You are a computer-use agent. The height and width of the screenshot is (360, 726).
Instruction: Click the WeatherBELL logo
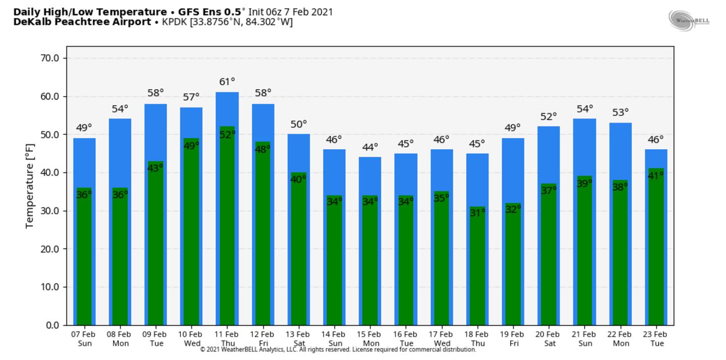tap(689, 21)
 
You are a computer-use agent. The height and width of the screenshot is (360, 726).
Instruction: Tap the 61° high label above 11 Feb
tap(227, 82)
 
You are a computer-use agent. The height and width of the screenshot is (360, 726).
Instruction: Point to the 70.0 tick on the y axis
tap(49, 58)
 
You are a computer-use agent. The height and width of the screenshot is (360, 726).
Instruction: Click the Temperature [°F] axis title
tap(30, 192)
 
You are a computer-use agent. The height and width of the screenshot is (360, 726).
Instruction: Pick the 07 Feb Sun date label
tap(84, 339)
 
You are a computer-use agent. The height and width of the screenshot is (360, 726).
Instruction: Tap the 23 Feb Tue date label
tap(656, 339)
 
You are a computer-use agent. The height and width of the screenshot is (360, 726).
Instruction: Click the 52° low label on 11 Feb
tap(227, 134)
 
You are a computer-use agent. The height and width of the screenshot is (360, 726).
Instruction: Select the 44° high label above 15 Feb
tap(370, 147)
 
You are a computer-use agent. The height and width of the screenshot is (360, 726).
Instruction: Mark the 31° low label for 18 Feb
tap(477, 213)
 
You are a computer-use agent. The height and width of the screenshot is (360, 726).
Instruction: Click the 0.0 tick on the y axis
tap(52, 325)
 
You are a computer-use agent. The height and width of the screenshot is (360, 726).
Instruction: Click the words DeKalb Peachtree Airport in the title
tap(82, 22)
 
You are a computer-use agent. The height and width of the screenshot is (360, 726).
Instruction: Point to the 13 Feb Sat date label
tap(298, 339)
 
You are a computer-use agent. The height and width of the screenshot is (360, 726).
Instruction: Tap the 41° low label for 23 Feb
tap(656, 175)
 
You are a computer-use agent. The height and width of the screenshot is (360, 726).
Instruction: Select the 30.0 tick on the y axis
tap(49, 211)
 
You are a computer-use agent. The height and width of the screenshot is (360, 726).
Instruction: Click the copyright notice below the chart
tap(338, 349)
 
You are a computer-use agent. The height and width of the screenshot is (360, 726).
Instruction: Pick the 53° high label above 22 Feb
tap(621, 112)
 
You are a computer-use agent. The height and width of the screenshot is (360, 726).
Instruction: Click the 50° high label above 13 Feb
tap(298, 124)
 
